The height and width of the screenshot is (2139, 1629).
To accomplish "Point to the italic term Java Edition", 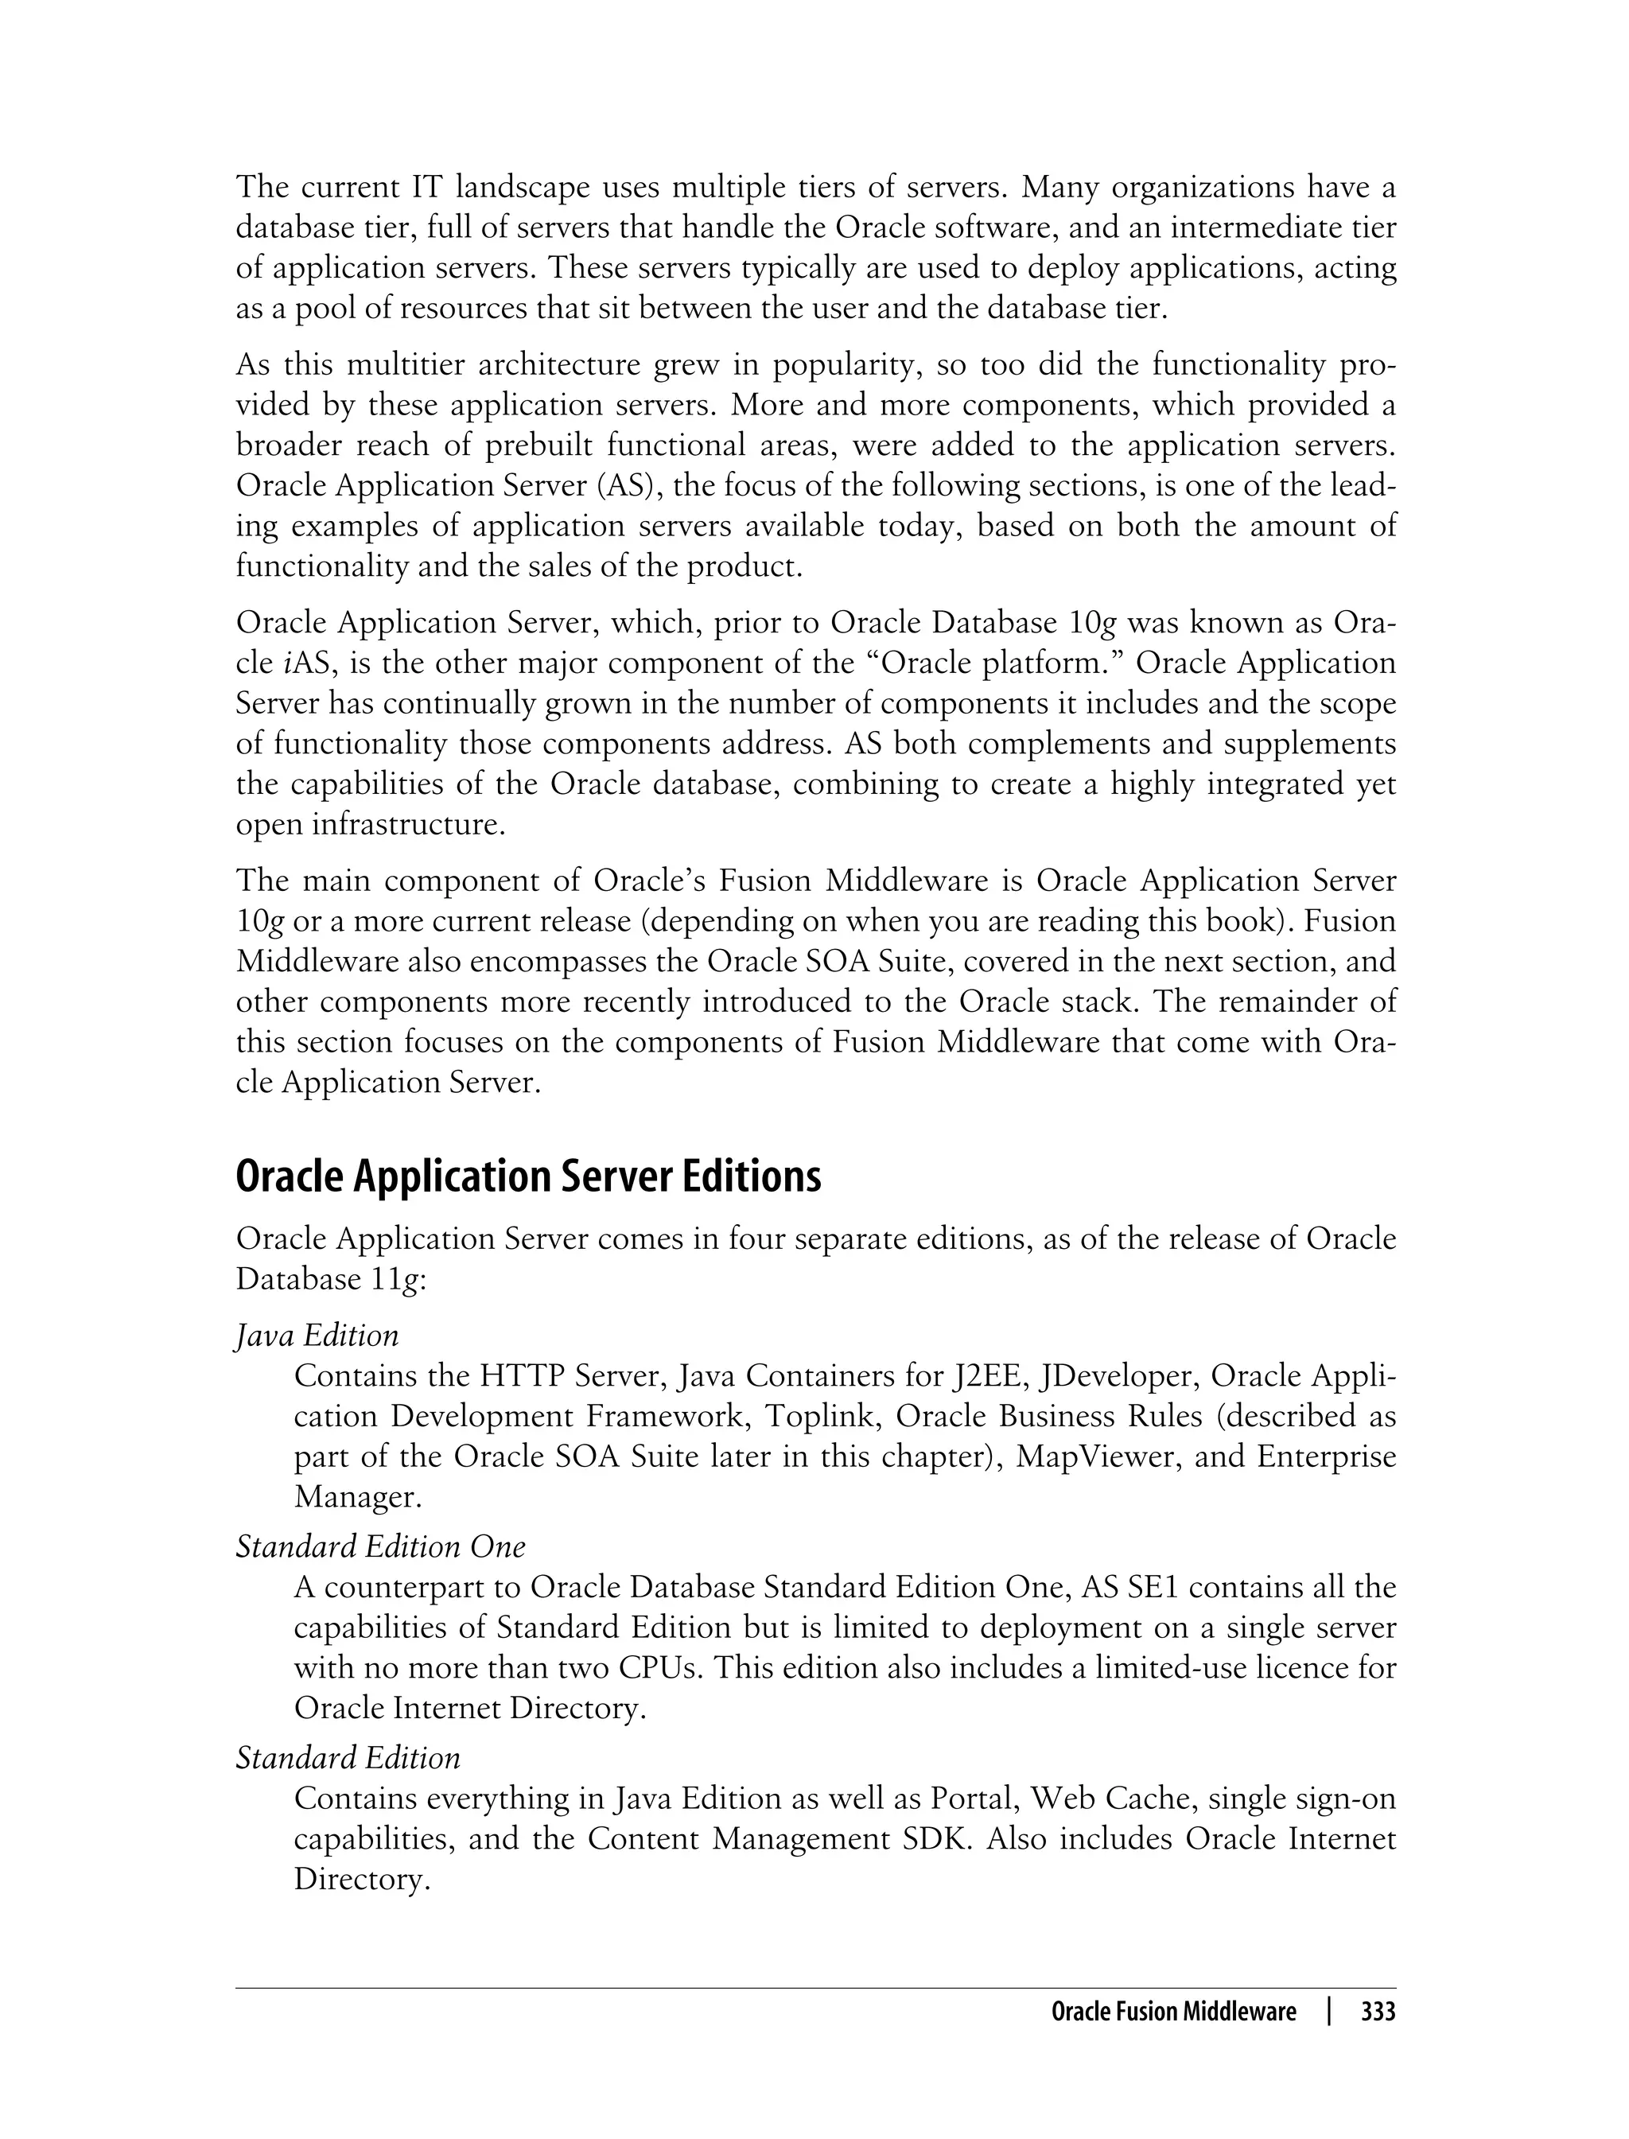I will click(x=317, y=1336).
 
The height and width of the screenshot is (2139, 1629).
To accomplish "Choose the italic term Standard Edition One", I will click(x=380, y=1546).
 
